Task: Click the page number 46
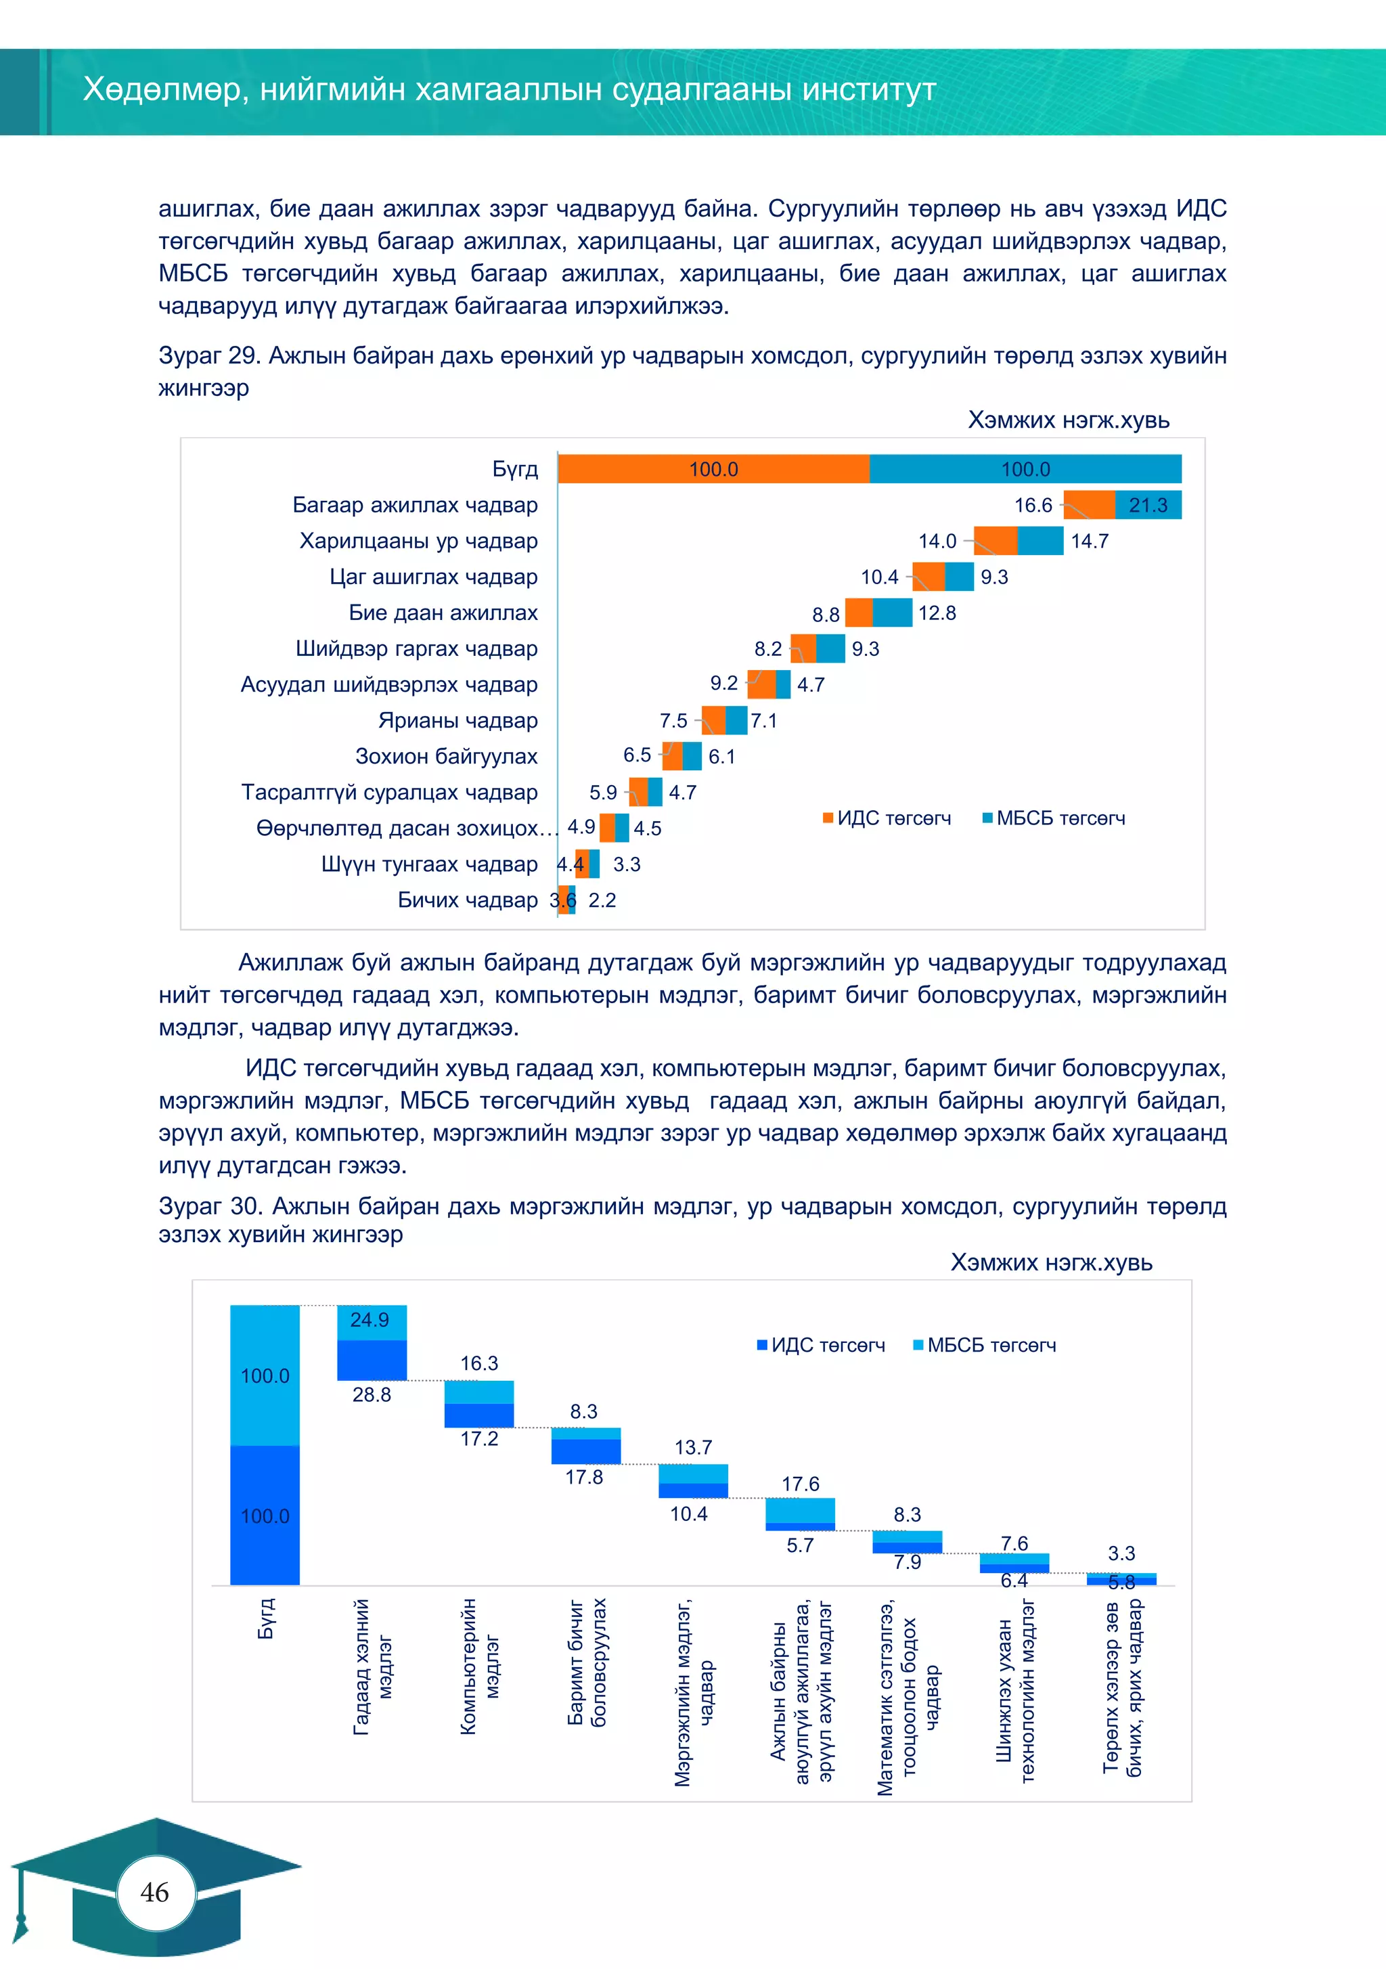pyautogui.click(x=154, y=1891)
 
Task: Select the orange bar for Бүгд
pyautogui.click(x=713, y=469)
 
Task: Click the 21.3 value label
pyautogui.click(x=1148, y=505)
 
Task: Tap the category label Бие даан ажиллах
pyautogui.click(x=443, y=613)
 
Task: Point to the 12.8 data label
pyautogui.click(x=937, y=613)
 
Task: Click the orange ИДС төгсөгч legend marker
pyautogui.click(x=828, y=818)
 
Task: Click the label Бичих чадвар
pyautogui.click(x=468, y=900)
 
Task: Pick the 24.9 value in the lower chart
pyautogui.click(x=370, y=1320)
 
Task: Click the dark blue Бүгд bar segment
pyautogui.click(x=265, y=1516)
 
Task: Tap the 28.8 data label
pyautogui.click(x=372, y=1394)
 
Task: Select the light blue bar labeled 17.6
pyautogui.click(x=799, y=1510)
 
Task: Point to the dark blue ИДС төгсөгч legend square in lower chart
pyautogui.click(x=761, y=1345)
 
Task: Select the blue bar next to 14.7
pyautogui.click(x=1040, y=541)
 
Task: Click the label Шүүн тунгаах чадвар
pyautogui.click(x=429, y=864)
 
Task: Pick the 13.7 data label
pyautogui.click(x=693, y=1448)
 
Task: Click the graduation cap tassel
pyautogui.click(x=20, y=1918)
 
